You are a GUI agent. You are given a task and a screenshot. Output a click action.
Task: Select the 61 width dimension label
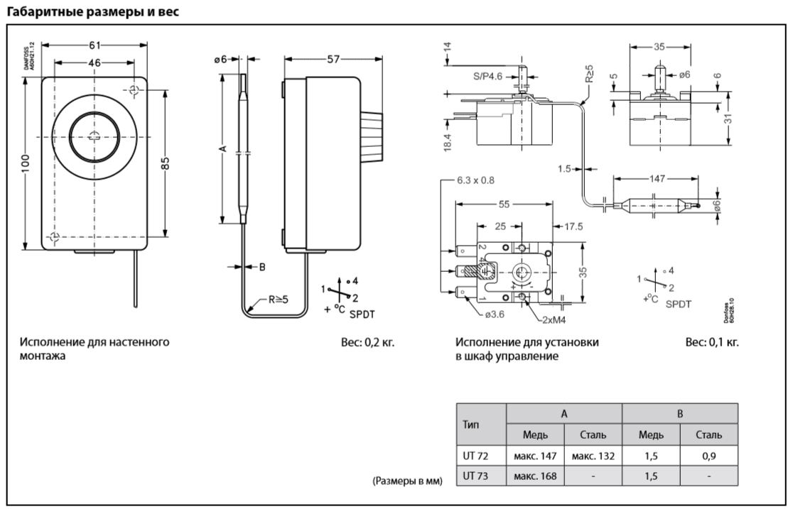94,45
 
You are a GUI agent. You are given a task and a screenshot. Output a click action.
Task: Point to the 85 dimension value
166,163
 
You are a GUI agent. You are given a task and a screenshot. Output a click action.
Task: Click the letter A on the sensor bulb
223,148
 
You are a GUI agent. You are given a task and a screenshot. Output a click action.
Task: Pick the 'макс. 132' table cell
593,453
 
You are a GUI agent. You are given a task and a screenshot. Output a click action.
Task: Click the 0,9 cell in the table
708,453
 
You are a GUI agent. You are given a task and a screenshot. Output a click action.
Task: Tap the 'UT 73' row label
473,474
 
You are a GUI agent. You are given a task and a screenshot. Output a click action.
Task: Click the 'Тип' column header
473,422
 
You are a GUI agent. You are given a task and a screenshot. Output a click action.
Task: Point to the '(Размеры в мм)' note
408,482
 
